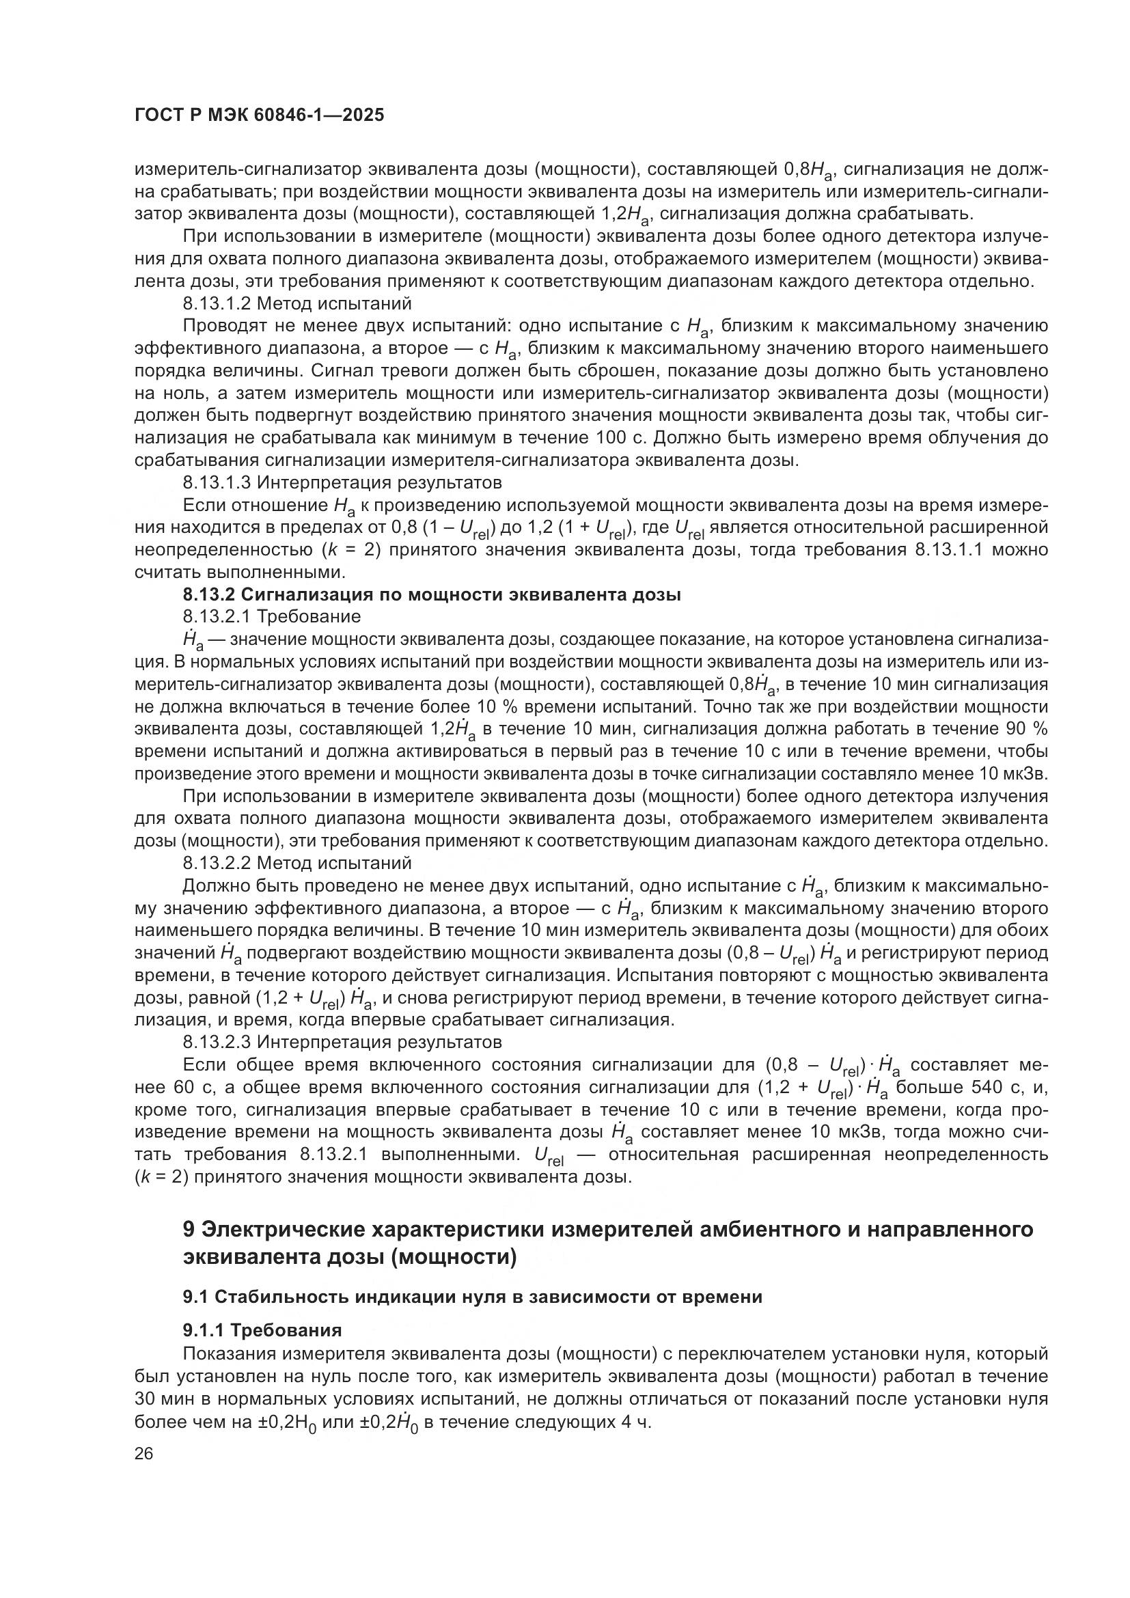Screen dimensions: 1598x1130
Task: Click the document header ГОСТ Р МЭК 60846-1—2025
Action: (259, 115)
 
